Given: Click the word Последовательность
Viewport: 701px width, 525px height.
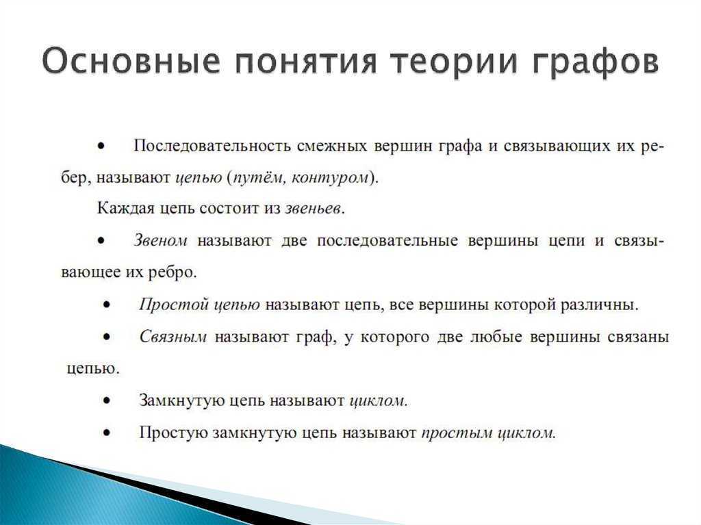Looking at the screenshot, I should (x=213, y=146).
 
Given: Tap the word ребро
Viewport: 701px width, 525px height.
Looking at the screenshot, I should (x=173, y=272).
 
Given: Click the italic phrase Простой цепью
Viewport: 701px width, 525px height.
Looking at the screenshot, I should (x=199, y=305).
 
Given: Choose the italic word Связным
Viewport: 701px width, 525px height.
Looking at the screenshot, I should (x=173, y=337).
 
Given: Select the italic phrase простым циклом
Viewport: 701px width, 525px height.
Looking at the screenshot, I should (x=487, y=433).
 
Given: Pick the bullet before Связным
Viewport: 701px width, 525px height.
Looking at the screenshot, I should (x=107, y=337).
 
